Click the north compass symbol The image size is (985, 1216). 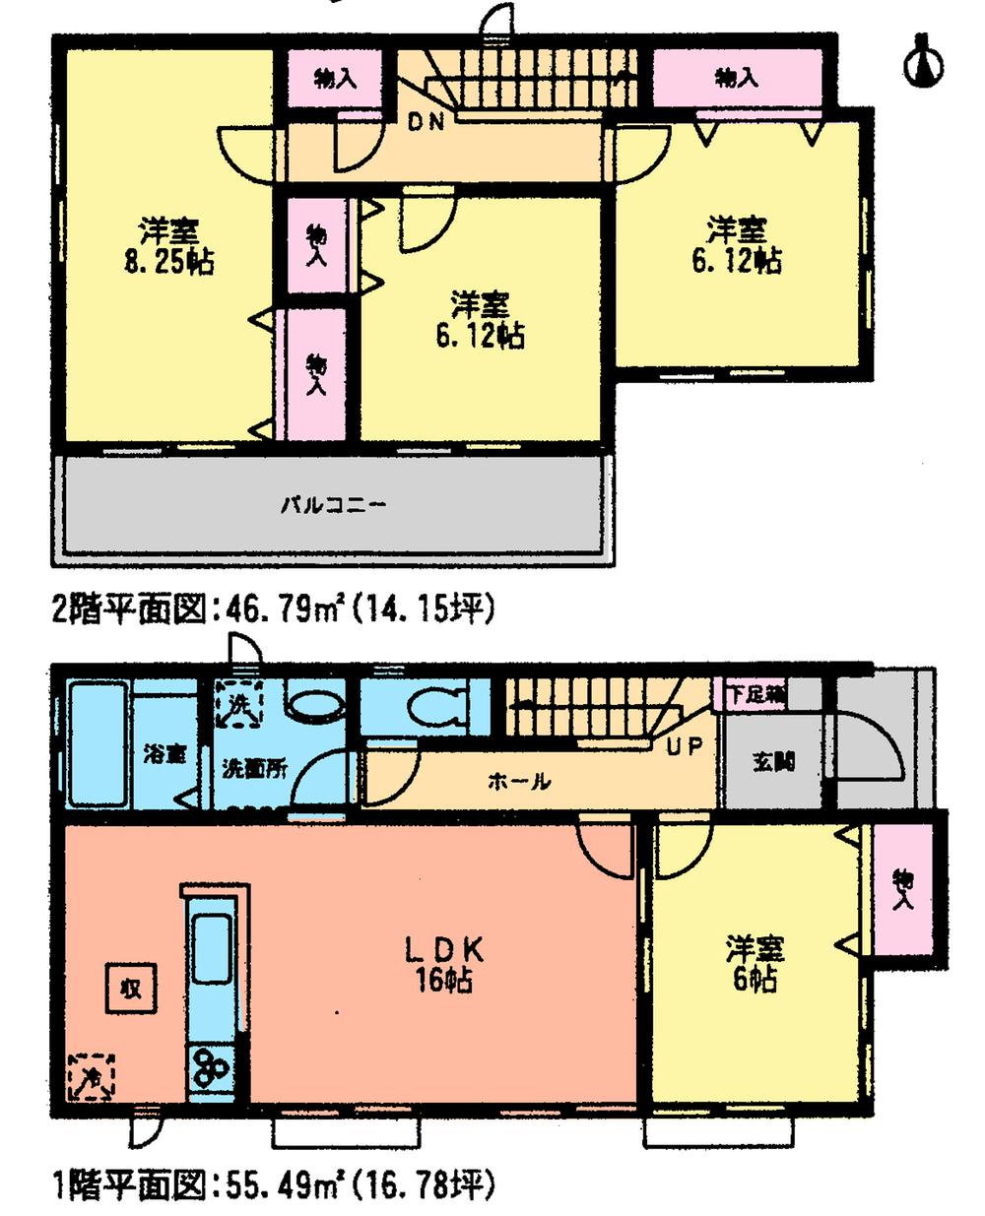point(923,60)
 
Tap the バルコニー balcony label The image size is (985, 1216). point(334,506)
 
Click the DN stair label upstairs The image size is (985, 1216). point(427,122)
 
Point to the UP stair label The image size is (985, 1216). point(685,746)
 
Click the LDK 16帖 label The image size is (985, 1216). point(443,964)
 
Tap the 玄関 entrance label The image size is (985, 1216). point(775,761)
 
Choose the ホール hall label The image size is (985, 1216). point(518,782)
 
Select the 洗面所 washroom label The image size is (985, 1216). point(253,768)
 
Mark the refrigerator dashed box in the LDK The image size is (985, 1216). point(91,1075)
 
